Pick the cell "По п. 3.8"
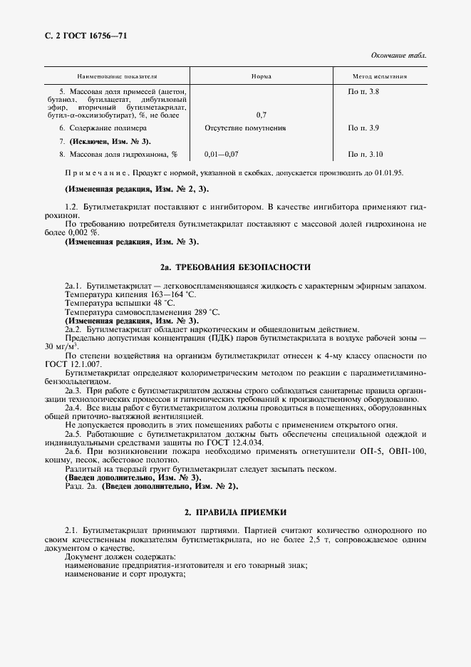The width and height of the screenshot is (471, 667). click(x=363, y=92)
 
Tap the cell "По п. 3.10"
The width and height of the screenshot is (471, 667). click(x=366, y=154)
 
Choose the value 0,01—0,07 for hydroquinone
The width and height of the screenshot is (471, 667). click(x=221, y=154)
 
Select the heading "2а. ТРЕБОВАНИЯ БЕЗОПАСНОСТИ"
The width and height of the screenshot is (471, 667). click(x=235, y=267)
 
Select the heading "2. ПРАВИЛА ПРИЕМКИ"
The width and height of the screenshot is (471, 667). click(x=235, y=512)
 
